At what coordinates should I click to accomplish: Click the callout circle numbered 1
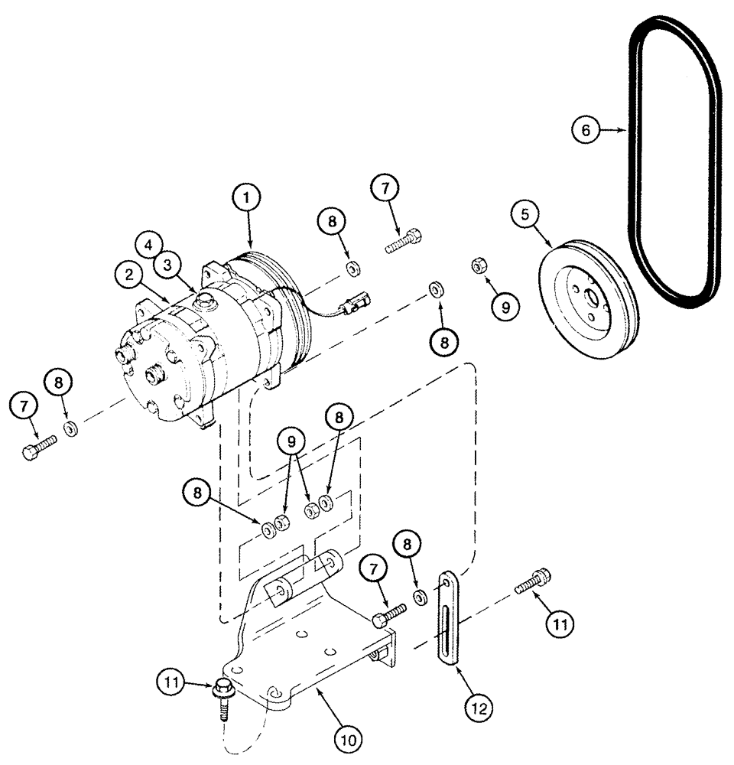coord(247,199)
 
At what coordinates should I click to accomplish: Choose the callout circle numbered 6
coord(586,131)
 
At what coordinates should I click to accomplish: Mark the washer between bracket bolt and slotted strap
coord(420,597)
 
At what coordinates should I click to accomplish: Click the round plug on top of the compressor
coord(206,299)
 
